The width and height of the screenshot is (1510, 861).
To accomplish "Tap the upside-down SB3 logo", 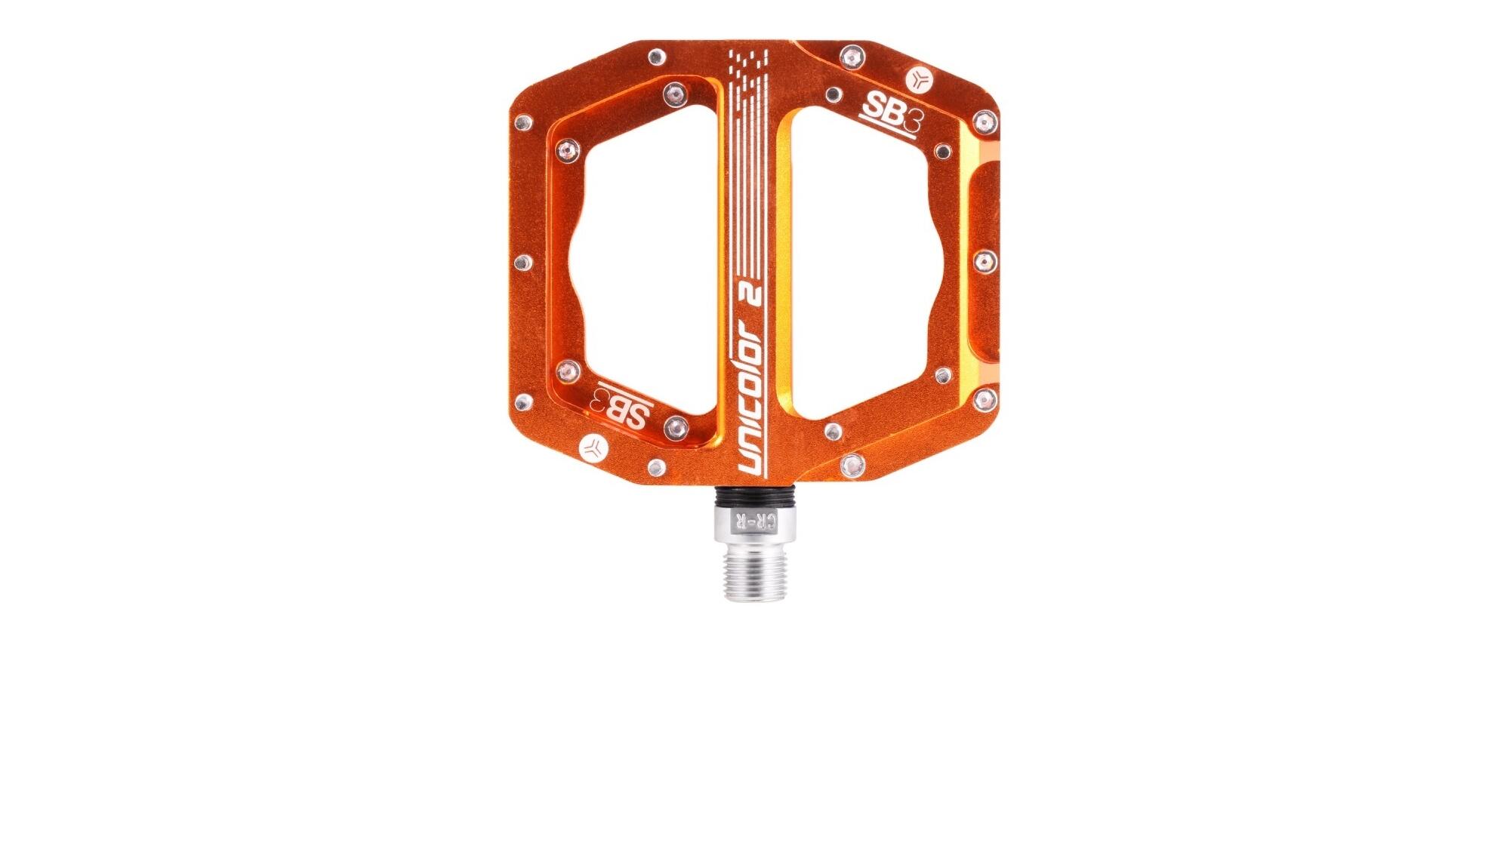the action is [x=621, y=408].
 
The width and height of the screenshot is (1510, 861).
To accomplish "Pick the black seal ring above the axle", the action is [x=752, y=496].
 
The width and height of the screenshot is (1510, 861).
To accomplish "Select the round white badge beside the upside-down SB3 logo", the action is [x=594, y=448].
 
